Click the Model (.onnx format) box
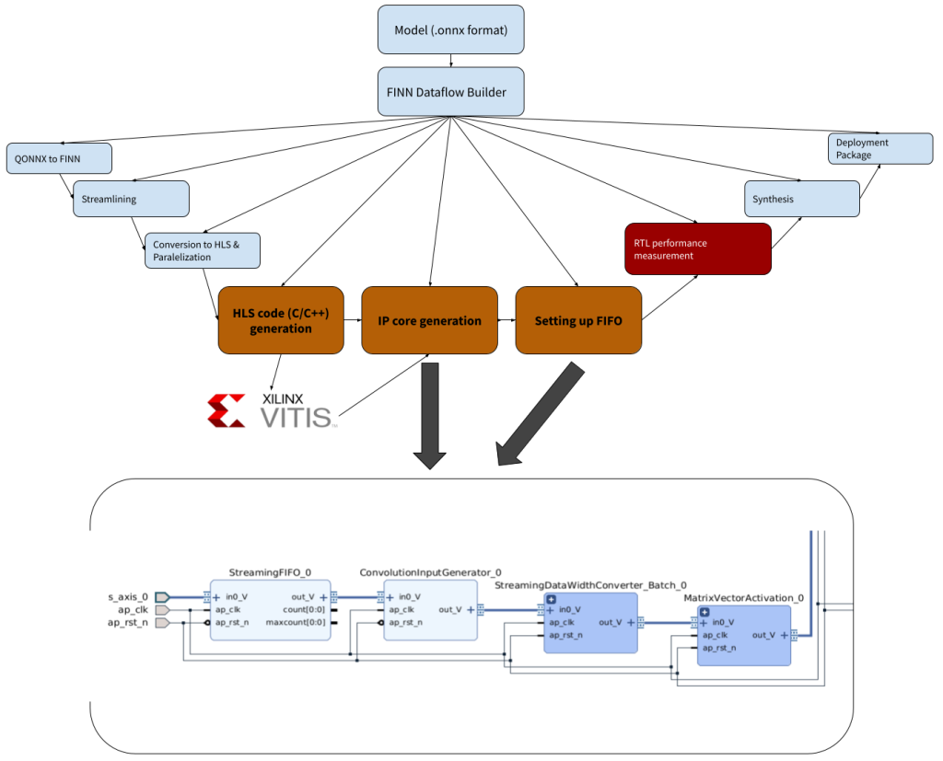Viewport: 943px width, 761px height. [x=450, y=29]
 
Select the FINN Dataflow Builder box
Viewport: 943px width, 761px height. [x=450, y=91]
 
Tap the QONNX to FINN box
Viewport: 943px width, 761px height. [x=59, y=158]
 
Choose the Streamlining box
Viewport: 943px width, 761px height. [x=131, y=199]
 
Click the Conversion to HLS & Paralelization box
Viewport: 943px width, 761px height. [x=203, y=250]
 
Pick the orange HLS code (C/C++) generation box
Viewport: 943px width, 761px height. [x=281, y=320]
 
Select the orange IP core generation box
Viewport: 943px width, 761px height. [x=429, y=320]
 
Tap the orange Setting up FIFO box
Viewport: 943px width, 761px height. [x=578, y=320]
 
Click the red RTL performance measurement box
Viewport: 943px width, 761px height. [x=697, y=248]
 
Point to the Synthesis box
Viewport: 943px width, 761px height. [x=801, y=199]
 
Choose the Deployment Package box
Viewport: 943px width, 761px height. [x=881, y=149]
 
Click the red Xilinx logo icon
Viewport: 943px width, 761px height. [x=227, y=411]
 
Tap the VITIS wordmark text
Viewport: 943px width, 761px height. [x=298, y=417]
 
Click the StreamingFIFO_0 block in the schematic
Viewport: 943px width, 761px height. [x=270, y=609]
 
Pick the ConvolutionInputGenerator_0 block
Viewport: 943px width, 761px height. [x=430, y=609]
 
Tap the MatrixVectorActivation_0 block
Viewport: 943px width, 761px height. [x=743, y=635]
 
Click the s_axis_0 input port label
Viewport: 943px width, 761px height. [x=127, y=597]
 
